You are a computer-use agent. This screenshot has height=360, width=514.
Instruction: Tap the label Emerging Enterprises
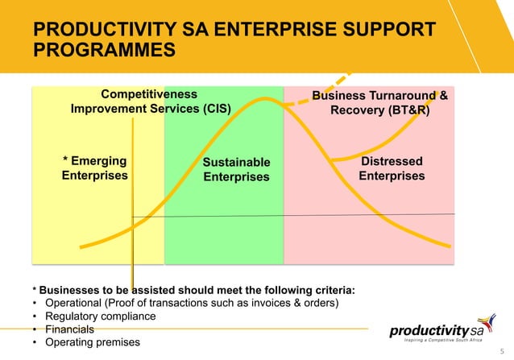[x=95, y=168]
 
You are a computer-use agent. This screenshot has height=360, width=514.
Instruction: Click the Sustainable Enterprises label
[x=236, y=170]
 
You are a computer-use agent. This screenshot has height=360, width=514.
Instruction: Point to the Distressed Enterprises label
[x=391, y=168]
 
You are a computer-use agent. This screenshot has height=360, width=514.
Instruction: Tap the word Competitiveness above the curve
[x=148, y=94]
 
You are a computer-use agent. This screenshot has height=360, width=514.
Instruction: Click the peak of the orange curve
[x=266, y=100]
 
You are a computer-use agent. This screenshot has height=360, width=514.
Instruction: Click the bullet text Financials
[x=68, y=329]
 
